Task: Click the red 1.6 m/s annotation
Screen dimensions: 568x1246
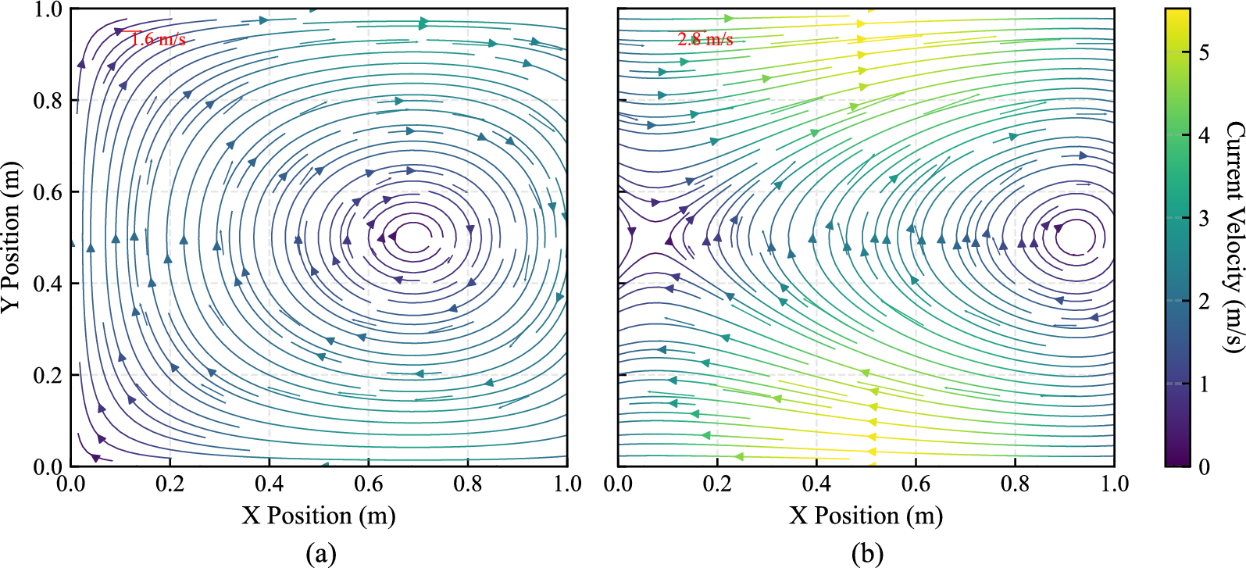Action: (158, 39)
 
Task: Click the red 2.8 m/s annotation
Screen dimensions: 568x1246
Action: (705, 39)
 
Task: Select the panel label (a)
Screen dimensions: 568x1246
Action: (320, 554)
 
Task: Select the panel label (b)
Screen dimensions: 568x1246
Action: (867, 554)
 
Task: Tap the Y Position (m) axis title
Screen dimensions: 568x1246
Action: (11, 238)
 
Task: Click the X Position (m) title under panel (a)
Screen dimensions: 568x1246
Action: (319, 516)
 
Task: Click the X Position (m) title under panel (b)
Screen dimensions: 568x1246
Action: (866, 516)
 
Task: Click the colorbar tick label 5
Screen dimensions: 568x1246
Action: (1204, 52)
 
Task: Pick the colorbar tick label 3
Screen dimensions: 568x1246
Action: (1204, 218)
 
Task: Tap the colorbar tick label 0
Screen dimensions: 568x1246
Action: (1204, 466)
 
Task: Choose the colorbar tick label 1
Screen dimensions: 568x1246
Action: (1204, 384)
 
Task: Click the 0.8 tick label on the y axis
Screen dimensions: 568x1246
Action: (47, 101)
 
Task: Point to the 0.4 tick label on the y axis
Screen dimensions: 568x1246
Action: (47, 284)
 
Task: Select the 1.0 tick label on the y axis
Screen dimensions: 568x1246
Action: (47, 9)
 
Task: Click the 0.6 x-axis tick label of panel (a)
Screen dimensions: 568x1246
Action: (369, 484)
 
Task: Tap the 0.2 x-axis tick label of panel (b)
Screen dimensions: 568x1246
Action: (717, 484)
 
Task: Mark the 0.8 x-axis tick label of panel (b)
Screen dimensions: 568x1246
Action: (1016, 484)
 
